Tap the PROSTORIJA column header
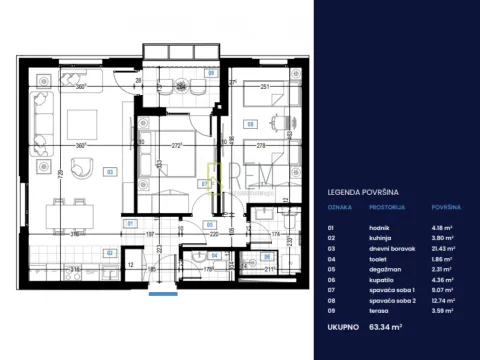386,209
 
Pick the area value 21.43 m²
445,245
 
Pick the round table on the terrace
181,85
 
